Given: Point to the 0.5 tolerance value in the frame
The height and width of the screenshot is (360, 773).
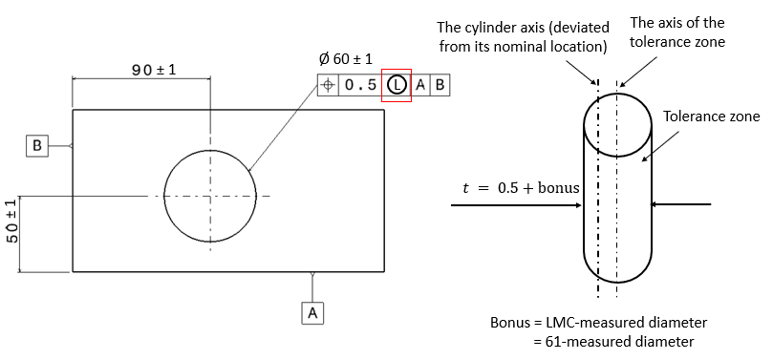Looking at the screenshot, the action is (360, 84).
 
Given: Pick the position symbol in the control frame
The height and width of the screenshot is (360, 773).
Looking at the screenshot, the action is (328, 84).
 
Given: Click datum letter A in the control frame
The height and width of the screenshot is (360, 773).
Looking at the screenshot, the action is (420, 84).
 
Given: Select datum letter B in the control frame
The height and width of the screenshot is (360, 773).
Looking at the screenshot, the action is (440, 84).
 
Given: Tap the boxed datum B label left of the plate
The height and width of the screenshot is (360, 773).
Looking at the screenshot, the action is (36, 146).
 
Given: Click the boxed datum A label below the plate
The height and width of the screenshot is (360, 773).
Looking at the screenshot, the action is (313, 311).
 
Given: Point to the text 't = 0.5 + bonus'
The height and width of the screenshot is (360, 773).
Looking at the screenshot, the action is (515, 188).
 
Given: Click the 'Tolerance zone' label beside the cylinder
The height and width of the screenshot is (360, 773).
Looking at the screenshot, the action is (712, 116).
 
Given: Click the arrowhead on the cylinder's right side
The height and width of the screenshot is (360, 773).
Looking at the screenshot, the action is (657, 203).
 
